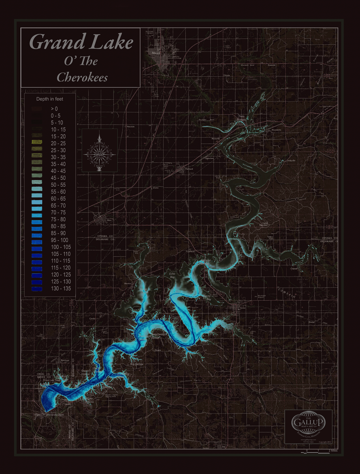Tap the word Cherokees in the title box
pyautogui.click(x=82, y=77)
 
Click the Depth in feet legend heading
pyautogui.click(x=50, y=99)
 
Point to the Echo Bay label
pyautogui.click(x=172, y=275)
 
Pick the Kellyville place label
pyautogui.click(x=291, y=161)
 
